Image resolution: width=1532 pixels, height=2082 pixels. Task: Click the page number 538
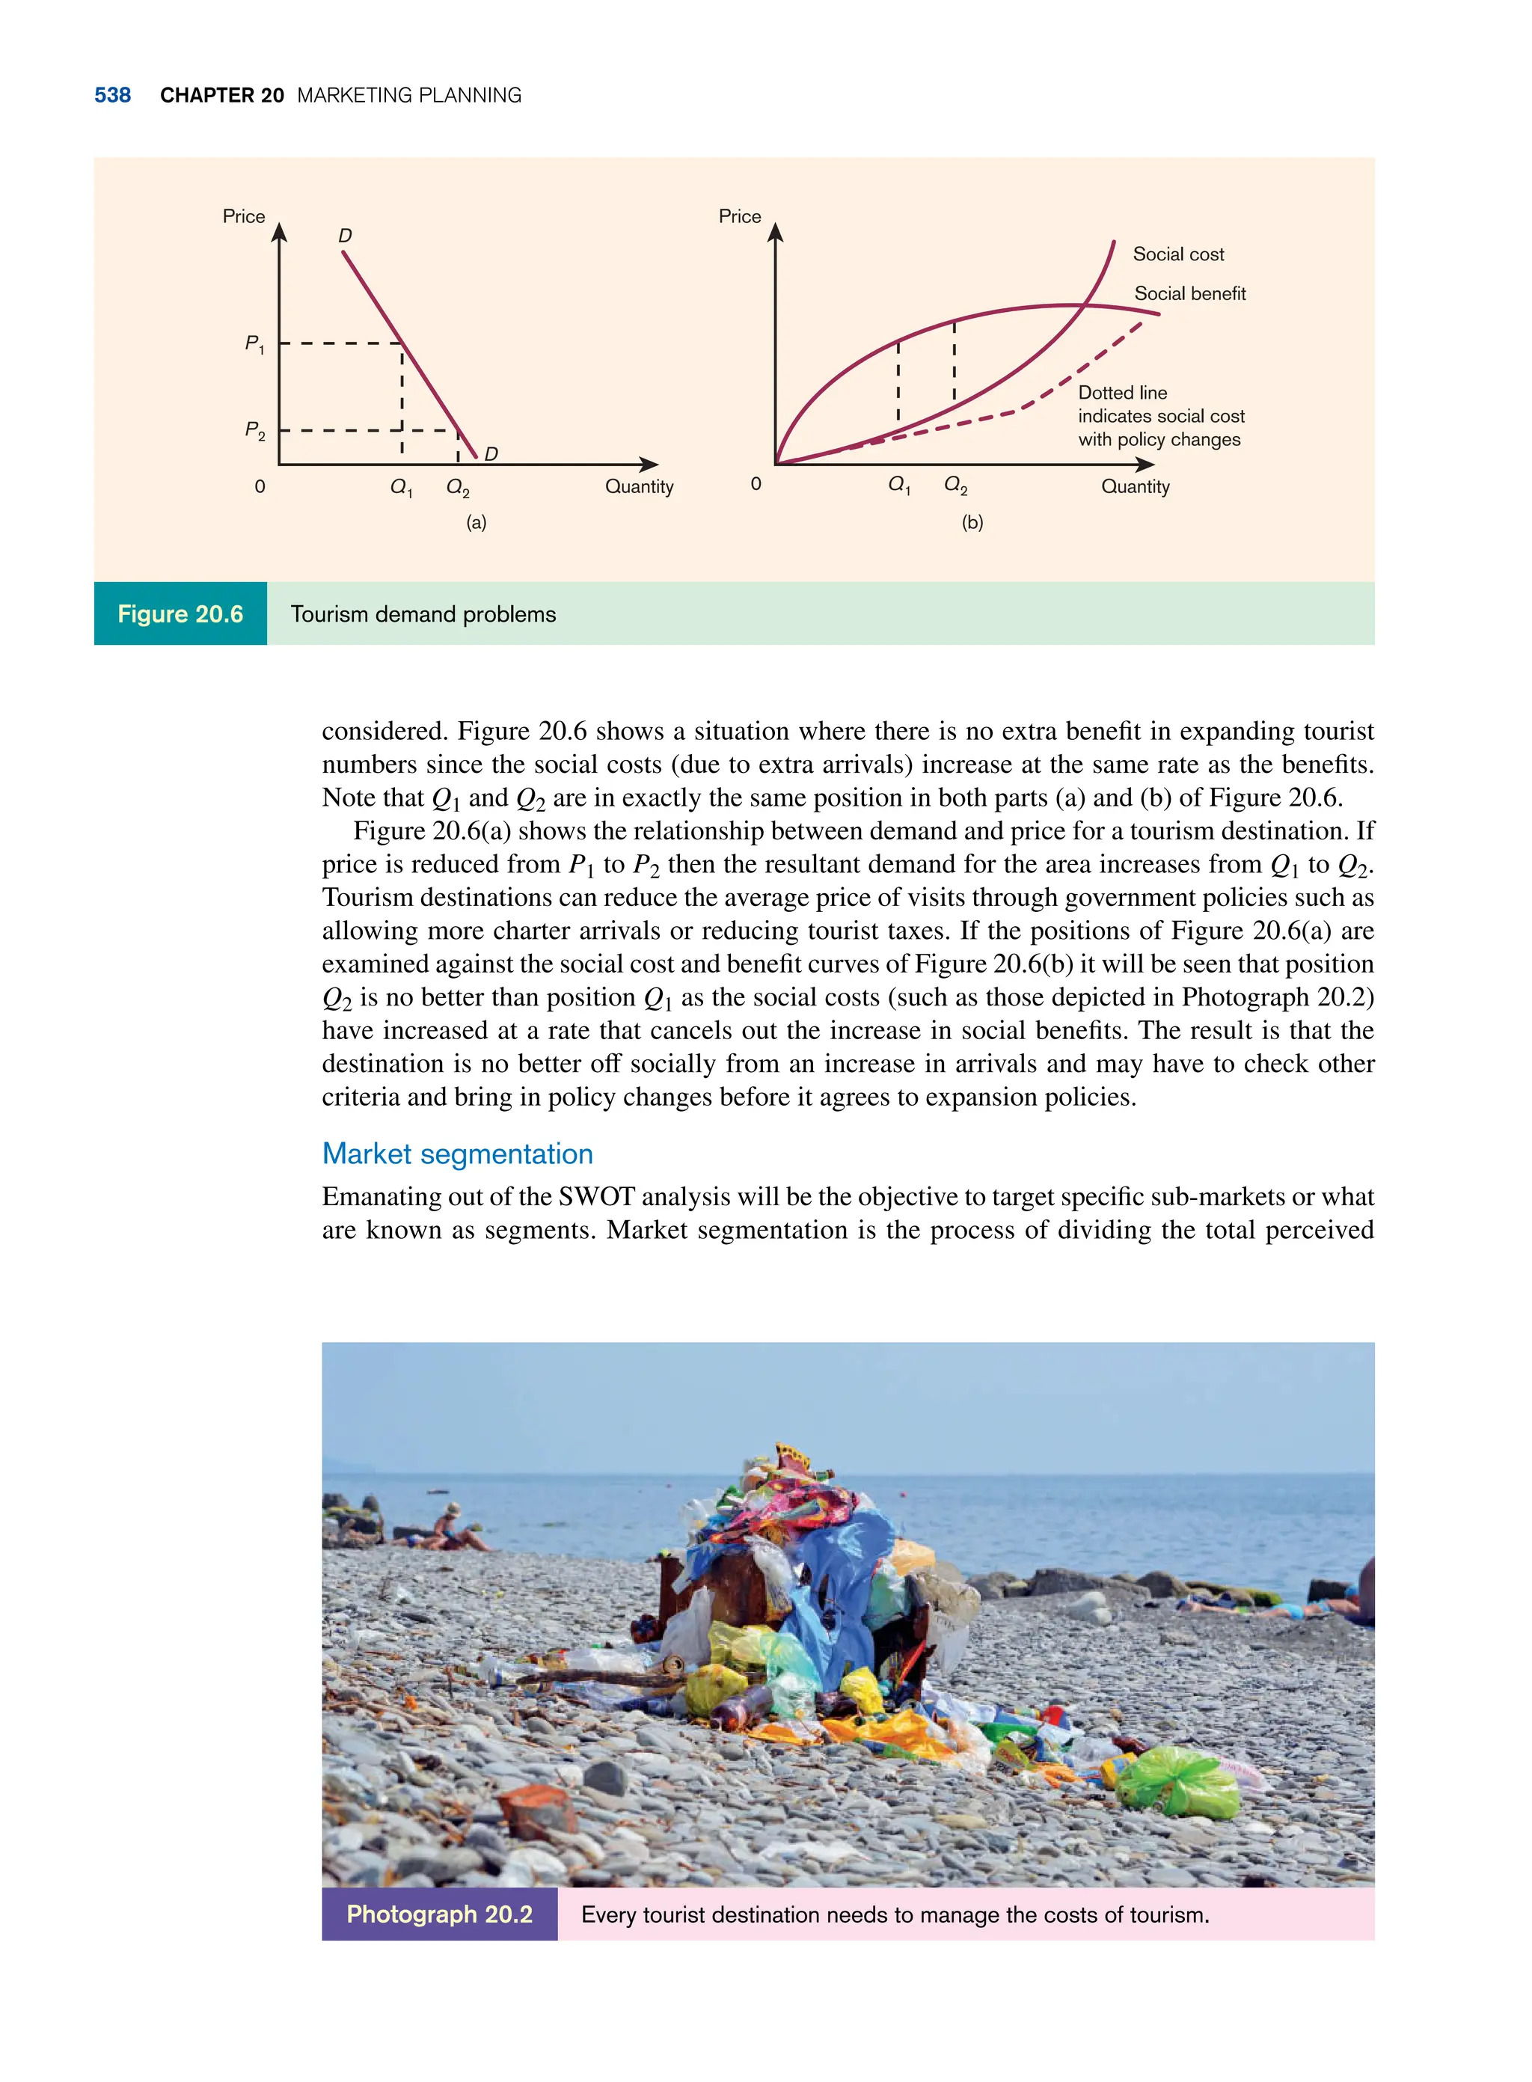[112, 96]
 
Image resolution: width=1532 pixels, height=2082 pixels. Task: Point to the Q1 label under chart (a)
[401, 487]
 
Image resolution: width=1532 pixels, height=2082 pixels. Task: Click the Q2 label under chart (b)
[955, 485]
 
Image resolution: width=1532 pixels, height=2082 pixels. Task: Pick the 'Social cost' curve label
[1177, 254]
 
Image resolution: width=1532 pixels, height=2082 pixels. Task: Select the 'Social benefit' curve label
[1190, 294]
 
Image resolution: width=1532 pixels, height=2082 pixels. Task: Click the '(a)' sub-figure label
[476, 523]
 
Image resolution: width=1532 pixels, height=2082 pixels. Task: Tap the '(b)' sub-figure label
[972, 523]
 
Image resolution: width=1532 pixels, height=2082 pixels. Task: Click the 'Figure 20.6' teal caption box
[180, 614]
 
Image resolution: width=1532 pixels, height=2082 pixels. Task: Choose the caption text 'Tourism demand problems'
[423, 614]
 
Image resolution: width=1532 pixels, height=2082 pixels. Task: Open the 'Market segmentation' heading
[457, 1154]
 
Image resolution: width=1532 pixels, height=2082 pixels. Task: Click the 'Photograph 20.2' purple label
[440, 1914]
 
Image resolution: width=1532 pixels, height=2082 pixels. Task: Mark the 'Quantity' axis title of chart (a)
[639, 487]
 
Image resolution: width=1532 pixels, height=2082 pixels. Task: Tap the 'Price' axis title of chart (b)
[739, 216]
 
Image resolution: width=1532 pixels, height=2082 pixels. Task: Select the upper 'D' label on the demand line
[345, 236]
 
